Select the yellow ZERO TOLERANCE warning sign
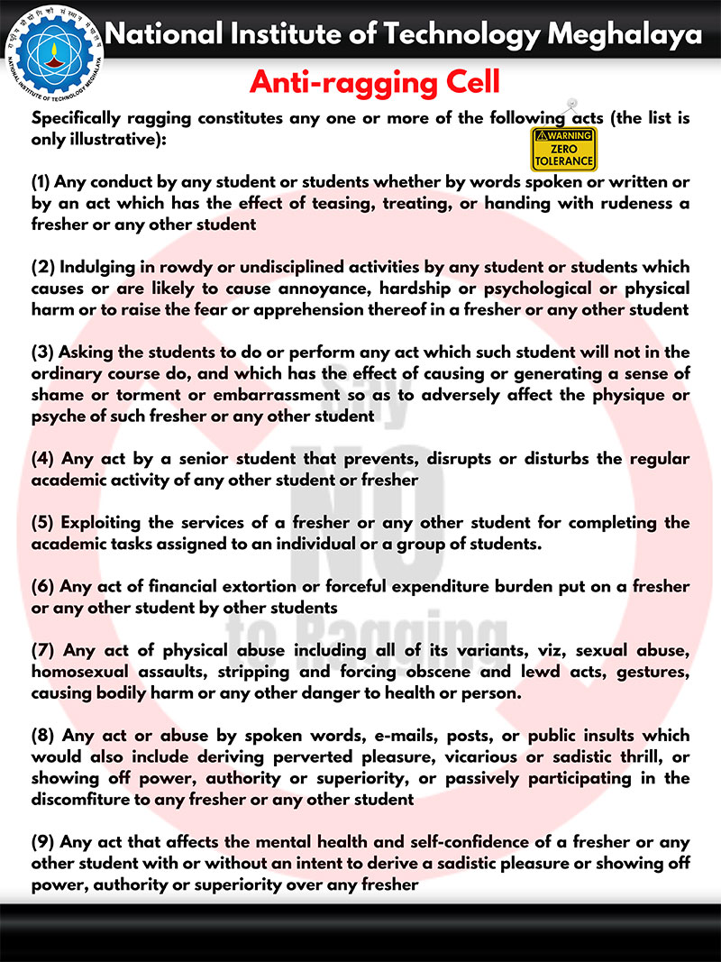coord(562,150)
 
